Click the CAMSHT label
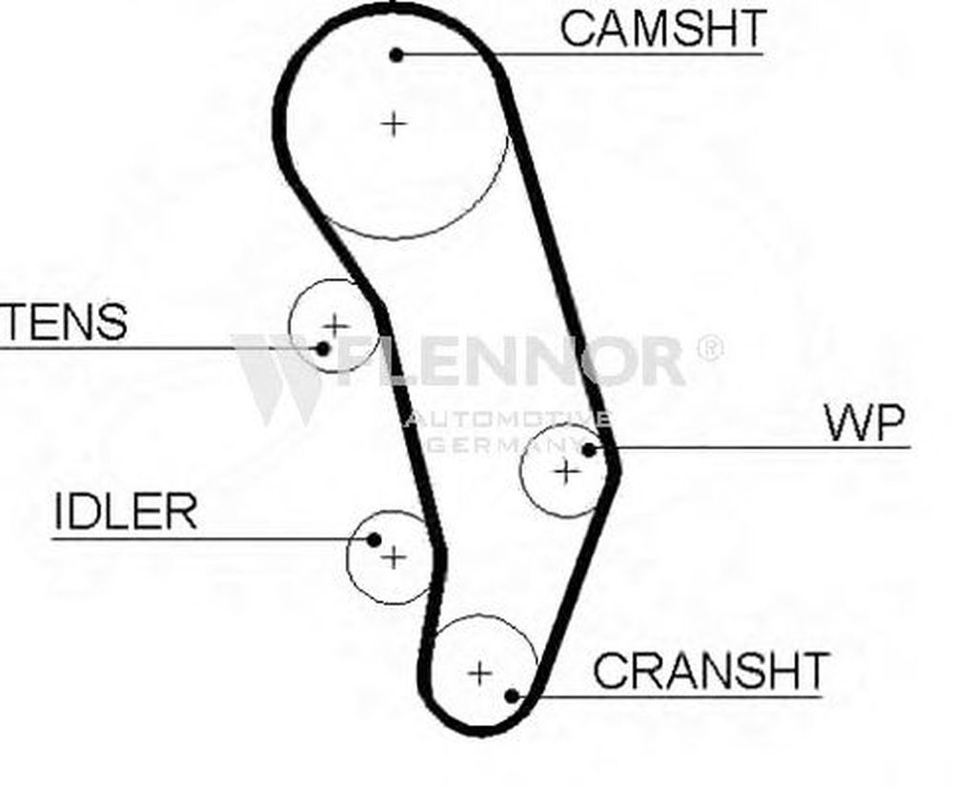point(662,29)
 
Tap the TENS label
point(64,322)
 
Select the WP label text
point(864,424)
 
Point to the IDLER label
point(126,513)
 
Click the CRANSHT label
point(710,671)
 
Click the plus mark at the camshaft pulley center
point(393,123)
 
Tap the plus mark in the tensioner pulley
point(335,326)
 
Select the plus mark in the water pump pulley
point(567,470)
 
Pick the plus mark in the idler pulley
point(393,557)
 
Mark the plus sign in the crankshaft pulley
point(480,674)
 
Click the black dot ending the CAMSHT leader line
point(397,54)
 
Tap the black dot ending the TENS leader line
point(323,348)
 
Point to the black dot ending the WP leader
point(589,448)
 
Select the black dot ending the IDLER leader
point(375,540)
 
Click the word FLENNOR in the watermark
point(515,361)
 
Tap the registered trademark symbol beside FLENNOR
point(709,347)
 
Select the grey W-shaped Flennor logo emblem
point(276,376)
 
